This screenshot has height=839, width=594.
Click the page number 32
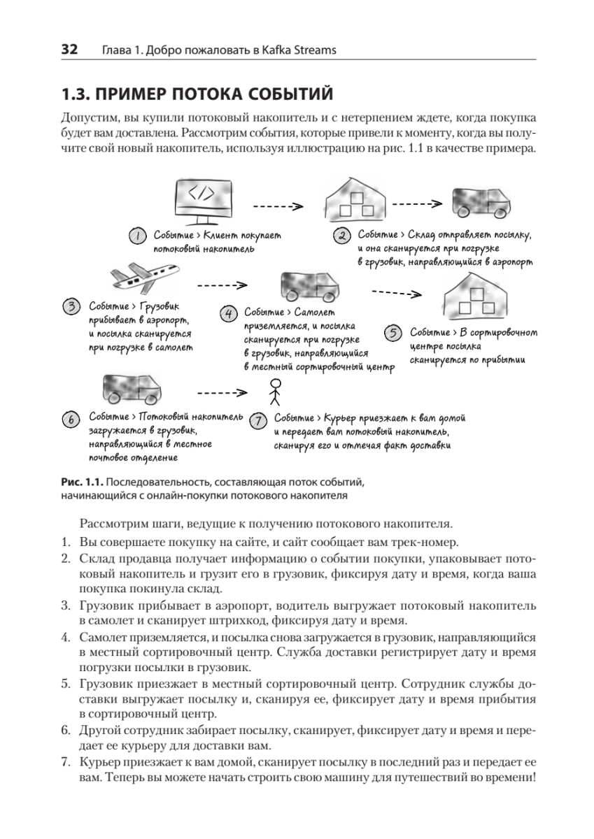click(69, 50)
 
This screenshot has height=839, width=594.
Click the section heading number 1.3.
click(77, 94)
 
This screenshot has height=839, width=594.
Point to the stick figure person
click(275, 392)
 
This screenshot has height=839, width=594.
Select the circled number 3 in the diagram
click(72, 306)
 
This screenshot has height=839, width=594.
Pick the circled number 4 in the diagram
click(228, 313)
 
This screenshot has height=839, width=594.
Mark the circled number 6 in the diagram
click(71, 419)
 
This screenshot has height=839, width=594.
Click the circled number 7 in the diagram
click(258, 420)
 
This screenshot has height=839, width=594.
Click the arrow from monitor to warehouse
click(277, 206)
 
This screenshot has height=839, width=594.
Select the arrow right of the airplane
click(222, 285)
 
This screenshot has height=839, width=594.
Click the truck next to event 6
click(132, 389)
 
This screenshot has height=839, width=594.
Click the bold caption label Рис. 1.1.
click(82, 482)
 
